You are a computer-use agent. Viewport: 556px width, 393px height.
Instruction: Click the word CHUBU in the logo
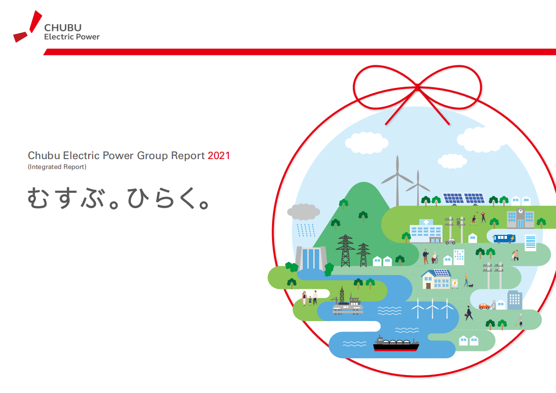(62, 28)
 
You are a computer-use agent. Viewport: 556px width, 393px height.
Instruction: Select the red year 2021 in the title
(219, 156)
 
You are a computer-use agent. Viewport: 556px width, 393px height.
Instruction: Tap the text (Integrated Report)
(57, 167)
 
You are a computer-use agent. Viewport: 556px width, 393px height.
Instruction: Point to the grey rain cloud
(303, 212)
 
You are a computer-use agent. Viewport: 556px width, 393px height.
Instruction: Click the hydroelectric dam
(311, 258)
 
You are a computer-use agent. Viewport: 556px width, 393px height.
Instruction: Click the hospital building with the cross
(426, 231)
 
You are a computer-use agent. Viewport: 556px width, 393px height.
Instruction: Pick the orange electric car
(484, 306)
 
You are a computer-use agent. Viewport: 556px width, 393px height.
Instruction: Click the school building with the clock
(520, 218)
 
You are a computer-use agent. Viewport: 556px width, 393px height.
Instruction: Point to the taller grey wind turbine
(397, 181)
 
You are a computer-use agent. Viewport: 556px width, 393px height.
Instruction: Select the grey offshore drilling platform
(347, 304)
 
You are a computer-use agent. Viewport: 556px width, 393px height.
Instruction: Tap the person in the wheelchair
(435, 258)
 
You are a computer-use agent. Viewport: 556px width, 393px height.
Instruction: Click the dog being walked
(470, 285)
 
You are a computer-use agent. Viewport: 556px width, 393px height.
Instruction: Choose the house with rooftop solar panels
(436, 279)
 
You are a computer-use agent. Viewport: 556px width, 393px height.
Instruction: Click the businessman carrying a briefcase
(468, 313)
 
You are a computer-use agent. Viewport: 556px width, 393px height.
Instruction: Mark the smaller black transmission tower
(363, 255)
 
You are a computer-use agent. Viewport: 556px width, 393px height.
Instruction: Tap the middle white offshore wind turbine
(433, 308)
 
